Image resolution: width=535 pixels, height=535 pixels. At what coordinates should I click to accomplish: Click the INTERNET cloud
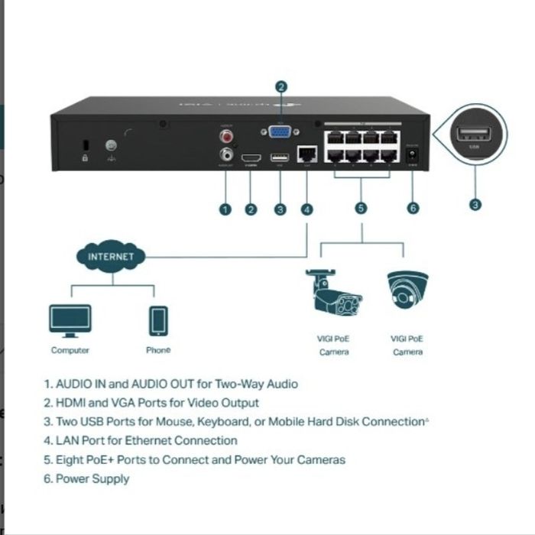[x=111, y=257]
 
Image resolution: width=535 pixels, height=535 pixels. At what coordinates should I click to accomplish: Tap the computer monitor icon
[x=70, y=320]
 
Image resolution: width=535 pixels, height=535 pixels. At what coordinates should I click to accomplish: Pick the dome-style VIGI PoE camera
[x=407, y=290]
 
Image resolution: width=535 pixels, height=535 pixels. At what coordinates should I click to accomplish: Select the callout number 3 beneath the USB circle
[x=475, y=204]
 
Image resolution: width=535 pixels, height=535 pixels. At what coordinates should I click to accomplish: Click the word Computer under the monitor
[x=70, y=350]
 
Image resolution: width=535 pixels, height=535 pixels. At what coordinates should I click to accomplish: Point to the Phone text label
[x=158, y=350]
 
